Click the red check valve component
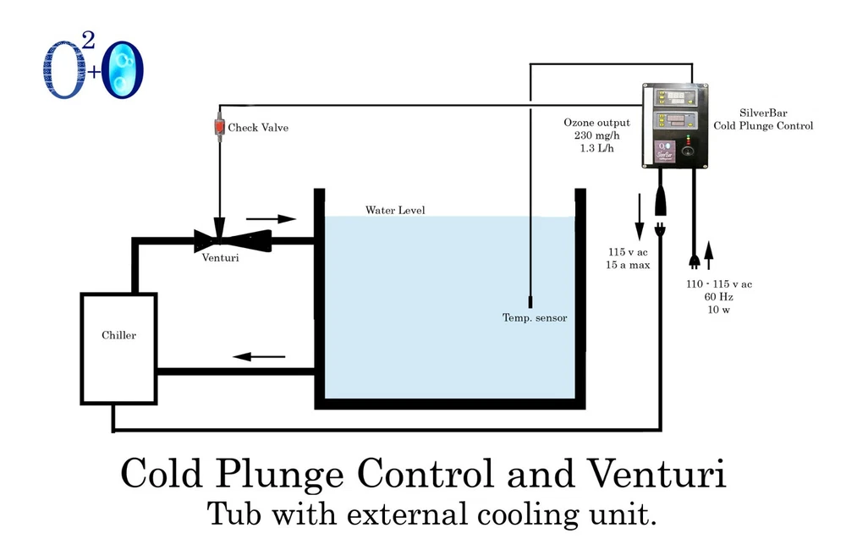218,127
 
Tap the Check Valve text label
258,128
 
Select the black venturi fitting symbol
220,239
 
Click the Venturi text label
220,258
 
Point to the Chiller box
118,348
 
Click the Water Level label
395,210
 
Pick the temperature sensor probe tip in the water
529,301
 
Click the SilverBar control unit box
675,125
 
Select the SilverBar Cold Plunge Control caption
763,119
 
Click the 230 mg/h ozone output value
596,136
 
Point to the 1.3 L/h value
596,149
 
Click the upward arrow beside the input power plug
708,250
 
